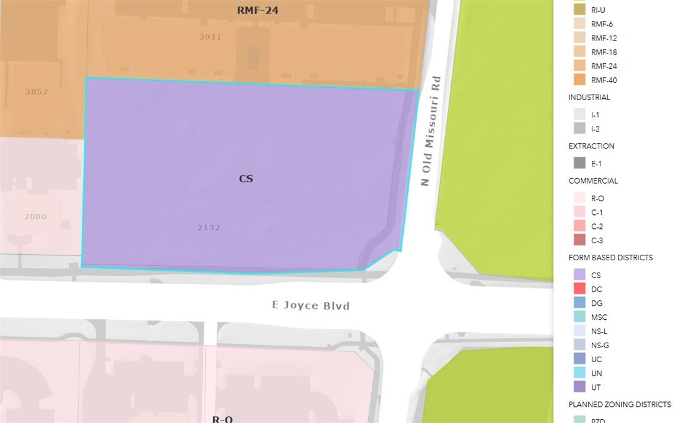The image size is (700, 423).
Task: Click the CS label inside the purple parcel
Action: point(246,179)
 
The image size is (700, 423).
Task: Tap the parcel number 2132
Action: point(209,228)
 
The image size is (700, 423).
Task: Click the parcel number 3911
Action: point(210,37)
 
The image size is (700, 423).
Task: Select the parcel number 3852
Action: point(36,92)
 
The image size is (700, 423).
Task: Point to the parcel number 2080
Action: point(35,217)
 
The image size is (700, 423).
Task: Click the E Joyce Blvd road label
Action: point(311,305)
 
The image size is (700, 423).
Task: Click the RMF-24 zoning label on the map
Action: point(258,10)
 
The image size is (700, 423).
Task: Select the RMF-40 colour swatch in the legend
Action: point(580,80)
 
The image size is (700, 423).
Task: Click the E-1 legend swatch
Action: point(580,163)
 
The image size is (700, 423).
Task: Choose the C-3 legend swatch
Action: point(580,241)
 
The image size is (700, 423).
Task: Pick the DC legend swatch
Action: point(580,289)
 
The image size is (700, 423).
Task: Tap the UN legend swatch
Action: point(580,373)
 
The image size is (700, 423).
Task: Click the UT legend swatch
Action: point(580,387)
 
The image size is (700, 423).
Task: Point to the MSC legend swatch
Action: point(580,317)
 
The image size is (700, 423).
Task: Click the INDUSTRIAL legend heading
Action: point(589,98)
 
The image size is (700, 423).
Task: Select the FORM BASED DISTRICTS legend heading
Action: point(610,258)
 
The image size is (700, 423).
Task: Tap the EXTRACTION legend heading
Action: point(591,146)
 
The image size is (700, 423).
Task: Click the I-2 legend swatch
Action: point(580,128)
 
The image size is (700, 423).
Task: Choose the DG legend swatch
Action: point(580,303)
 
